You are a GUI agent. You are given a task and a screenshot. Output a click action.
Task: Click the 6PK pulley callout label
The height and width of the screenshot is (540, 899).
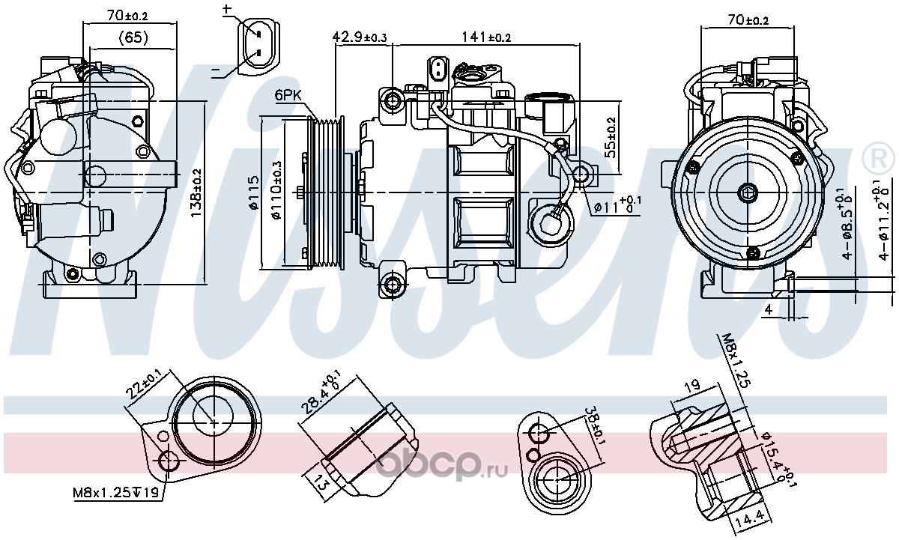click(288, 95)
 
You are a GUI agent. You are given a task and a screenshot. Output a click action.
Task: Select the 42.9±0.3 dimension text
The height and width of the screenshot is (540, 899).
click(359, 37)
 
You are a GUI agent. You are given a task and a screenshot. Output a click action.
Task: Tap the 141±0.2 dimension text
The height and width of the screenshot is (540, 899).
click(486, 37)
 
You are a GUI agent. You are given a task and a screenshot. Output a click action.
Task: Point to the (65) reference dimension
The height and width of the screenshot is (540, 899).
click(133, 37)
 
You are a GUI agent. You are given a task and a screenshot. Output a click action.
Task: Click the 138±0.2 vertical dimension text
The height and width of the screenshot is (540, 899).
click(196, 193)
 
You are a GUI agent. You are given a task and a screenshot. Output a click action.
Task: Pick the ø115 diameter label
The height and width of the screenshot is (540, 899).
click(254, 193)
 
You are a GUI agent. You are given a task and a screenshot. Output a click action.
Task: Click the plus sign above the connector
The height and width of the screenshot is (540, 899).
click(227, 9)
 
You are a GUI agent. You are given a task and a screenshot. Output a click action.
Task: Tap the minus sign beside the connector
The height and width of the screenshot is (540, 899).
click(216, 69)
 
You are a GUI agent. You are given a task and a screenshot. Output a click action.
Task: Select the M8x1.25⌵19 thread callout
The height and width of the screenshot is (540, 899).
click(115, 492)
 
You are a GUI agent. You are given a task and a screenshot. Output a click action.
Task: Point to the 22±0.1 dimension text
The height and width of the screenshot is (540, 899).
click(143, 384)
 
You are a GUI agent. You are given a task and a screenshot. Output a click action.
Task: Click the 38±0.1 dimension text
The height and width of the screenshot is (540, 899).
click(594, 426)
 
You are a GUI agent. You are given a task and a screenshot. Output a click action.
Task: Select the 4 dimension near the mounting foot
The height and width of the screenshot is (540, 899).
click(768, 310)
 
